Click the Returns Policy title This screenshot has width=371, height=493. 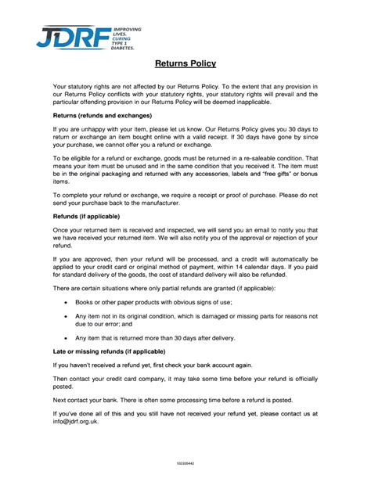click(x=185, y=63)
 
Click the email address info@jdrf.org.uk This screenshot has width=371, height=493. click(x=76, y=421)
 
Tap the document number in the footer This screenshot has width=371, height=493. click(x=185, y=463)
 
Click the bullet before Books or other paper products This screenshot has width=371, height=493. click(x=65, y=302)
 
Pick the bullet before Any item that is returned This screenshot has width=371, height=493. click(x=65, y=338)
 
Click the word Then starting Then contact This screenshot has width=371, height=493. click(x=61, y=378)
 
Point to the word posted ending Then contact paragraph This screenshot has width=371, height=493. click(x=63, y=386)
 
